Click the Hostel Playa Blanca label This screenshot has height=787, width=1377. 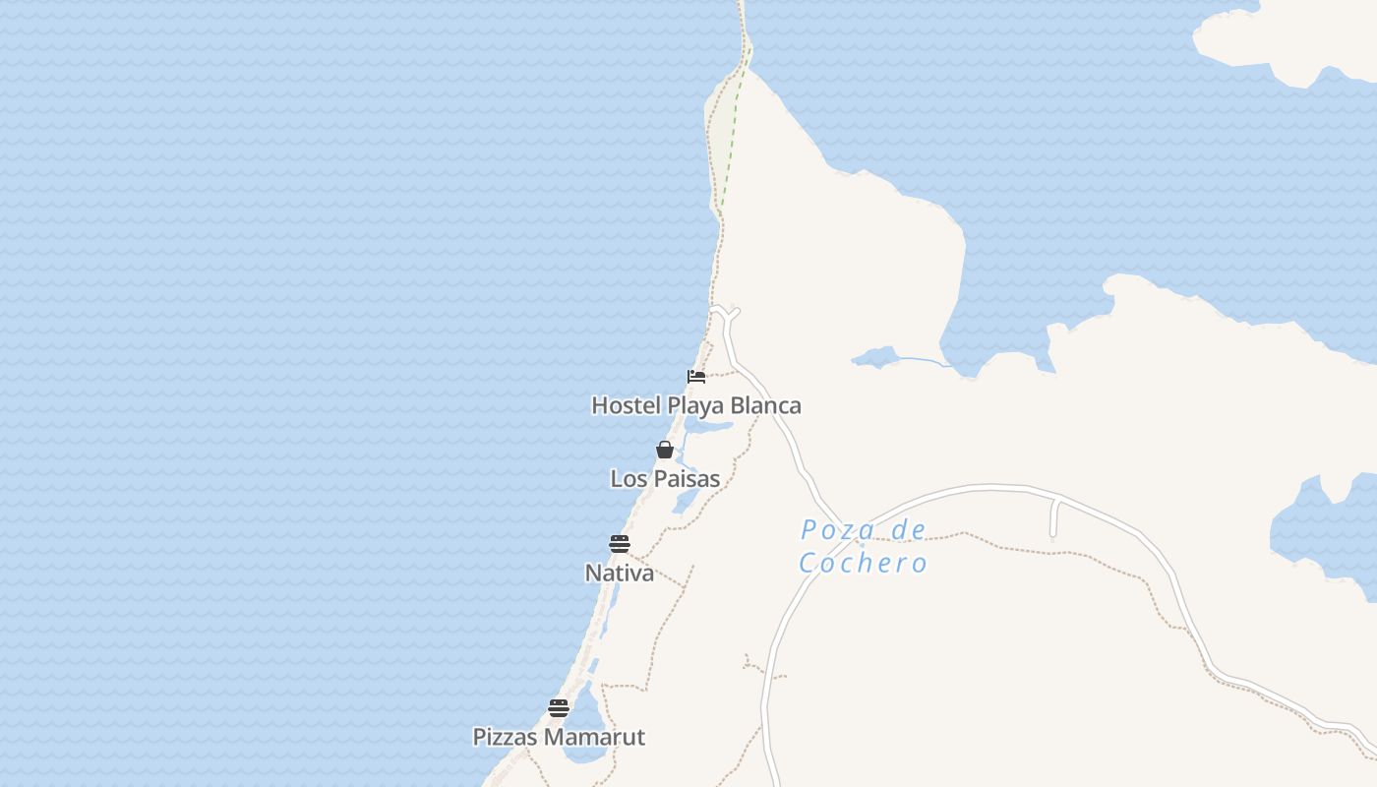tap(695, 405)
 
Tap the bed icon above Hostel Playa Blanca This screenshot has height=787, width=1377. tap(696, 377)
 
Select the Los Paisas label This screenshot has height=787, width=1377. tap(665, 479)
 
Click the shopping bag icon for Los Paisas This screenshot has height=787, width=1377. tap(665, 451)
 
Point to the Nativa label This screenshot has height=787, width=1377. tap(619, 573)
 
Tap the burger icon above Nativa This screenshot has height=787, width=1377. tap(619, 544)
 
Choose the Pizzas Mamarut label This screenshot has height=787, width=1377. tap(559, 737)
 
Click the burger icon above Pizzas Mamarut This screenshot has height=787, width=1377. tap(559, 708)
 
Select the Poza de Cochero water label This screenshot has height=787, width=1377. tap(863, 546)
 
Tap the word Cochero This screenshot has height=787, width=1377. tap(863, 563)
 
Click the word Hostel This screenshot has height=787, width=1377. tap(627, 405)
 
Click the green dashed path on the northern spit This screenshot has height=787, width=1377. tap(733, 138)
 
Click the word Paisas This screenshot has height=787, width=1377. tap(685, 479)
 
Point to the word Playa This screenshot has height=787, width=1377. tap(696, 405)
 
